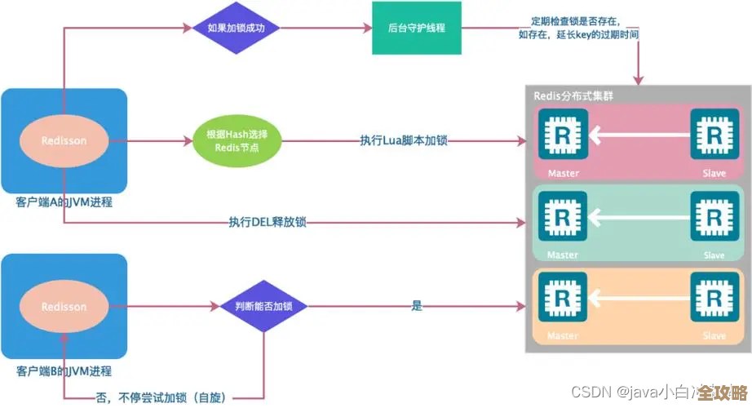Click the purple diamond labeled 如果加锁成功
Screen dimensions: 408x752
237,27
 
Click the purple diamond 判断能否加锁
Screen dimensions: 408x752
263,307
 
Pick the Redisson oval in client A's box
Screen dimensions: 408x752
64,140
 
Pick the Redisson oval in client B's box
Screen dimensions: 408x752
64,307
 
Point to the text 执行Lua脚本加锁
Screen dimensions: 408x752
404,140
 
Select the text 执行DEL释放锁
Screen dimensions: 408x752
268,221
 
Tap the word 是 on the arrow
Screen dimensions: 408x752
417,306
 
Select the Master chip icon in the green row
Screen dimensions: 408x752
562,219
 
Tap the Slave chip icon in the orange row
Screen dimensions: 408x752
714,300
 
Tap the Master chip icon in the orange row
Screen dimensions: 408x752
562,300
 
